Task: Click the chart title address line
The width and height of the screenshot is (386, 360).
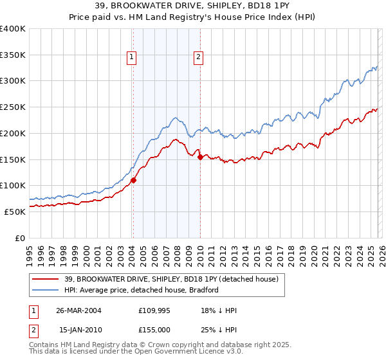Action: pyautogui.click(x=193, y=6)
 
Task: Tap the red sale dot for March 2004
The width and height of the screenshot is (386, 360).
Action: pyautogui.click(x=133, y=181)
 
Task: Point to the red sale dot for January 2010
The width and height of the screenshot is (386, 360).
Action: pyautogui.click(x=200, y=157)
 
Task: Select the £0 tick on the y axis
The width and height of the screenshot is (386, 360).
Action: pyautogui.click(x=21, y=238)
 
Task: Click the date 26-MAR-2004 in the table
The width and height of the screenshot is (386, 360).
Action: pyautogui.click(x=79, y=310)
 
